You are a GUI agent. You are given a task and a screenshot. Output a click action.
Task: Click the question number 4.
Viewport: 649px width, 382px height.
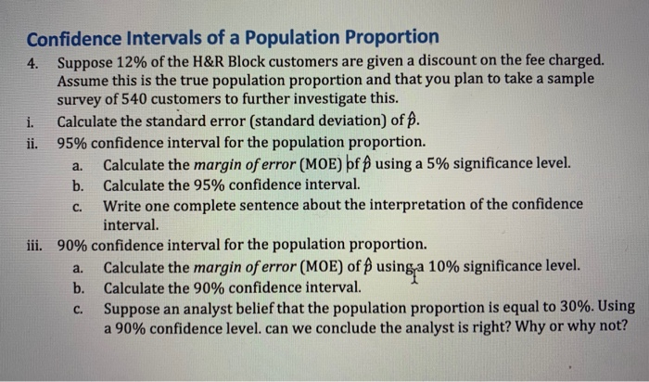(x=33, y=63)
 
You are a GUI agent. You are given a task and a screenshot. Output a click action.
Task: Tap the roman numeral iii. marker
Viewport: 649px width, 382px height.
(x=38, y=246)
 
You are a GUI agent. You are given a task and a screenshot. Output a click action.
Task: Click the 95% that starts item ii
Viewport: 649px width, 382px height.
(x=72, y=143)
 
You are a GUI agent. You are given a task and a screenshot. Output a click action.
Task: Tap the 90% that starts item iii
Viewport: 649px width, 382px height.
(x=72, y=246)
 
